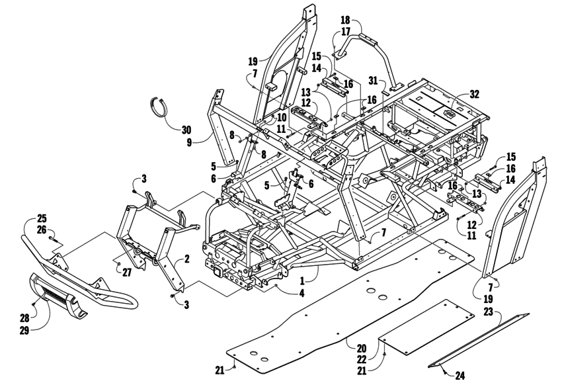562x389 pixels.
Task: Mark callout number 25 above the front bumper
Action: (x=42, y=218)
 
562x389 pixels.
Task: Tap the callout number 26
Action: (x=42, y=230)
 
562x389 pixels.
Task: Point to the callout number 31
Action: (x=374, y=81)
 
